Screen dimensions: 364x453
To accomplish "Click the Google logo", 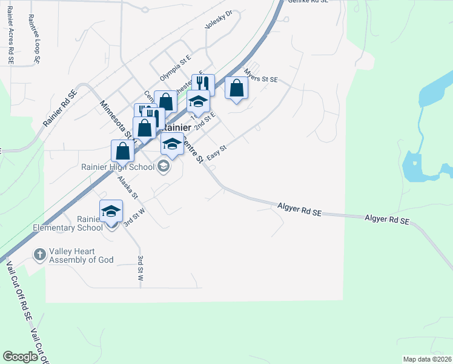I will [x=21, y=357].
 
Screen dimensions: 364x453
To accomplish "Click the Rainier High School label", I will [x=117, y=166].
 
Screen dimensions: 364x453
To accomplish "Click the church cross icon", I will [x=40, y=254].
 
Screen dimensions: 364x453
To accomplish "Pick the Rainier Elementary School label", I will [x=90, y=224].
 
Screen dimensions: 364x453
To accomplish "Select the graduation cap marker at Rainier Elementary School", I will [x=111, y=212].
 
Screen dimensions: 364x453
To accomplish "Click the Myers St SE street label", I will [x=260, y=79].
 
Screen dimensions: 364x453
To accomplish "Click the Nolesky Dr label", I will [x=219, y=20].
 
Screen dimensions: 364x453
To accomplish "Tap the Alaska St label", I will [x=128, y=187].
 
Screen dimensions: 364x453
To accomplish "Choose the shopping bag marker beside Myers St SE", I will [x=236, y=89].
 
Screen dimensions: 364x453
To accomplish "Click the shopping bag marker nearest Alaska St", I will [x=122, y=152].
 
